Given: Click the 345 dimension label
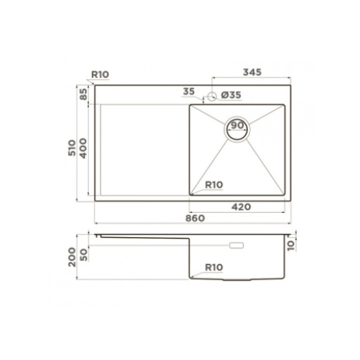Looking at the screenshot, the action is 252,72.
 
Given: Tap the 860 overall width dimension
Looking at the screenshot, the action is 195,218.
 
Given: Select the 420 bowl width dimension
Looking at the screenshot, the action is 241,207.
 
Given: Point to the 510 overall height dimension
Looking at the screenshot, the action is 72,148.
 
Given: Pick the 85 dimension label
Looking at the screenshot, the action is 84,94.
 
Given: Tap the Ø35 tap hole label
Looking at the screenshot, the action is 231,95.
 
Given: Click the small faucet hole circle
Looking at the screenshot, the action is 212,97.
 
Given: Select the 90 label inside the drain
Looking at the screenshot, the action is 237,126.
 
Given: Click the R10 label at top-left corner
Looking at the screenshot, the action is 100,74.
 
